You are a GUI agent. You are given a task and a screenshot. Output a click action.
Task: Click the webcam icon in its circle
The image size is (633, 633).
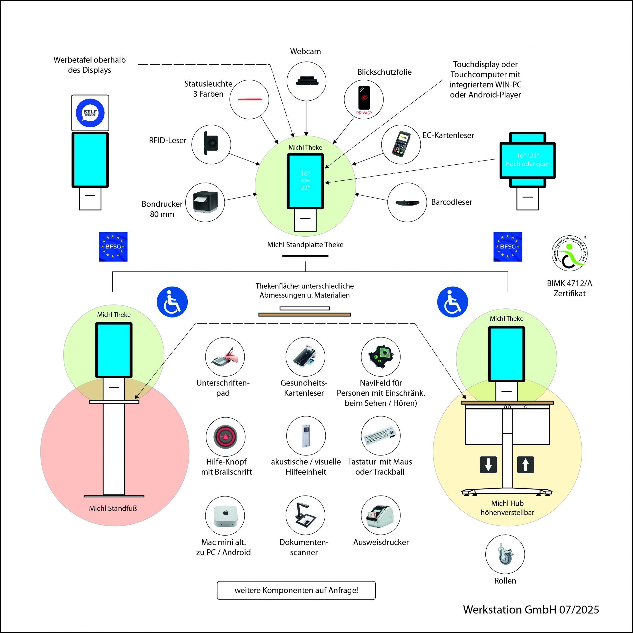coord(306,81)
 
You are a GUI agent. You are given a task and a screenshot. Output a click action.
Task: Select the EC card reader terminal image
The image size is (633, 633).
coord(401,144)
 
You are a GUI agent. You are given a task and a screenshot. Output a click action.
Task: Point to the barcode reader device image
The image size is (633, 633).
coord(407,203)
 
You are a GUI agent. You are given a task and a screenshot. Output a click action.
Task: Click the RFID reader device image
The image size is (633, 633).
coord(211,143)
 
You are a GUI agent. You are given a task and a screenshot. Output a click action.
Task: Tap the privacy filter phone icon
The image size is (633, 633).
coord(364,98)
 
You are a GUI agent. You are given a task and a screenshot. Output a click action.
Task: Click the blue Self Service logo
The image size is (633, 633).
coord(90,113)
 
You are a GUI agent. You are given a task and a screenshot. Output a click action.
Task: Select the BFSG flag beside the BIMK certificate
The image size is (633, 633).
coord(508,247)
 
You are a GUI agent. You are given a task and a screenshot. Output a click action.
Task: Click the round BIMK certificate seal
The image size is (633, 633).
coord(569,253)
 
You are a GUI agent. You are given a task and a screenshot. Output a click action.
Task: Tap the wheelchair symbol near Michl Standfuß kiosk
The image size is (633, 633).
coord(172,302)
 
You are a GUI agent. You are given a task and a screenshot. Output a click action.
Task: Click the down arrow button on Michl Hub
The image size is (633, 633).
coord(488,465)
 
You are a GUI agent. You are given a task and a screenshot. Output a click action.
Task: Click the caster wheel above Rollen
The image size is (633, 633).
coord(505,554)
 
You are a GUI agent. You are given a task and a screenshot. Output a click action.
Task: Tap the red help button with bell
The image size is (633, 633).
coord(226,437)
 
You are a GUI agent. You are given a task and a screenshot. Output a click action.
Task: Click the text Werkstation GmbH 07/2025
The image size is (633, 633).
coord(531,610)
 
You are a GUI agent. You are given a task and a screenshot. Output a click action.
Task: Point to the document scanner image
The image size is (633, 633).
coord(305,515)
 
